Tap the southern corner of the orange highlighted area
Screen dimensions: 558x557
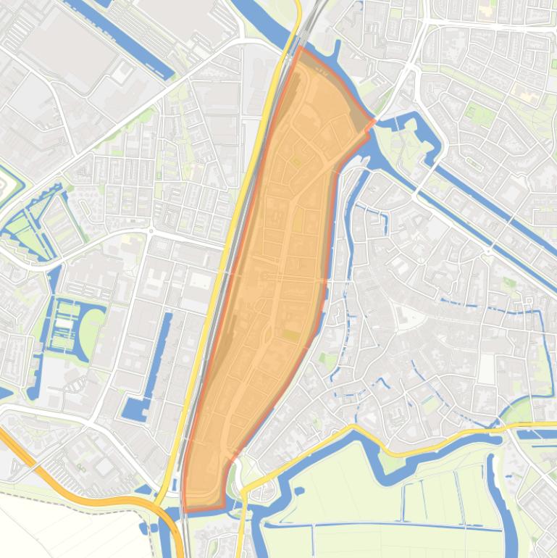pyautogui.click(x=186, y=509)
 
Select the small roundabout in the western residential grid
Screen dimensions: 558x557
pyautogui.click(x=151, y=232)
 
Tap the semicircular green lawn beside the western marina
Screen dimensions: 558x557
pyautogui.click(x=91, y=333)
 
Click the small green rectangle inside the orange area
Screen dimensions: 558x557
pyautogui.click(x=291, y=335)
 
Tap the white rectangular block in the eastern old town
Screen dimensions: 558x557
pyautogui.click(x=486, y=368)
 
